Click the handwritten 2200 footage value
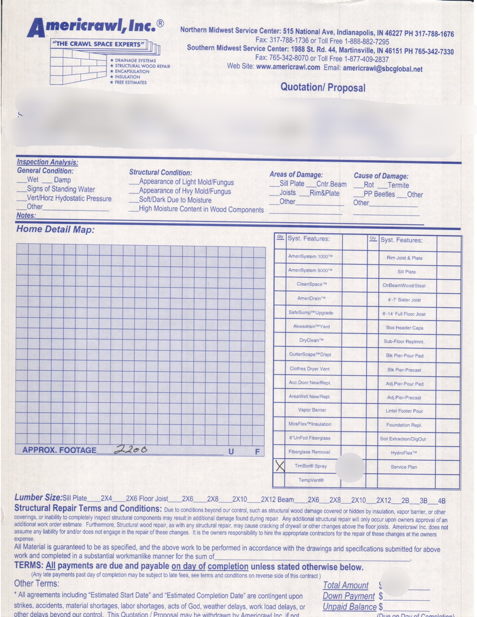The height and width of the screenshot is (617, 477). (130, 450)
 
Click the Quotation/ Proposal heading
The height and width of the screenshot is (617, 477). (323, 87)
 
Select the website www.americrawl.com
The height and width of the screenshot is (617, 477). (288, 67)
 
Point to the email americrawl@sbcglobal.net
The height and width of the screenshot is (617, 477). (383, 69)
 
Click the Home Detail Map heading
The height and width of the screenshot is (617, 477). (55, 229)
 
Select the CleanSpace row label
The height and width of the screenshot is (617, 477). (312, 284)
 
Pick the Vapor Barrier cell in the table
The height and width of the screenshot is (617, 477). (312, 410)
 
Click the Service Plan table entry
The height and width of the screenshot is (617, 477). (404, 467)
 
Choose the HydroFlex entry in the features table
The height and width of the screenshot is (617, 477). (404, 453)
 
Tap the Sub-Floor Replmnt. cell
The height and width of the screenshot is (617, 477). (404, 342)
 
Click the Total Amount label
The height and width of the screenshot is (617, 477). (346, 585)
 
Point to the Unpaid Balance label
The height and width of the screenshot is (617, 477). (350, 607)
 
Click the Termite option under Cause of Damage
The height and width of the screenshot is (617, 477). (398, 185)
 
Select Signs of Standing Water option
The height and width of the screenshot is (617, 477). (61, 189)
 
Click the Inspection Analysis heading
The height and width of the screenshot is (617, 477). (47, 162)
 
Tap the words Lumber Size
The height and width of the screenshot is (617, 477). (38, 498)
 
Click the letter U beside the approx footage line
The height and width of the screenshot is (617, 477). (231, 452)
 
